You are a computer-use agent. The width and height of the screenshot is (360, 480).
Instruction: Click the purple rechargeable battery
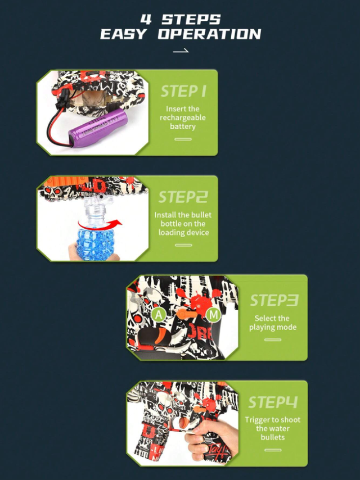coord(98,127)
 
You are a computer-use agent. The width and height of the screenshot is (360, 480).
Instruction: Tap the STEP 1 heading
coord(183,91)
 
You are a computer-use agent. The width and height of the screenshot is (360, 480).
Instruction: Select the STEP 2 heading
coord(183,197)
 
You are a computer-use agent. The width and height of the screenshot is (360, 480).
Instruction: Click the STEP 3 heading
coord(274,300)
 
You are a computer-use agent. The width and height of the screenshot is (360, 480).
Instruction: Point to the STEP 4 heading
coord(273,402)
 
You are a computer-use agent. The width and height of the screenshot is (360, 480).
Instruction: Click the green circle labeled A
coord(159,315)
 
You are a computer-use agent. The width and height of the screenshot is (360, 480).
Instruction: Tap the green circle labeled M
coord(214,315)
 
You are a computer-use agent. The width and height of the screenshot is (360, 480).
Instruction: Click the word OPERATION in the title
coord(210,34)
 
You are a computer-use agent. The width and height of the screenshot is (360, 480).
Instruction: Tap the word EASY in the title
coord(124,34)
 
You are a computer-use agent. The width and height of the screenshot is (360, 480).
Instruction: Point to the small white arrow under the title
coord(181,51)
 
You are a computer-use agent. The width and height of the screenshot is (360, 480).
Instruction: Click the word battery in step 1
coord(183,126)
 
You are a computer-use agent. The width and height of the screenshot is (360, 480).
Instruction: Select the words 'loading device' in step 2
coord(184,232)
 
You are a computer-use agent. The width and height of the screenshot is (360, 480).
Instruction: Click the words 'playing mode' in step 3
coord(273,327)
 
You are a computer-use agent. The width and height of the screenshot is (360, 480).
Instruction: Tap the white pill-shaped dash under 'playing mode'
coord(273,340)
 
